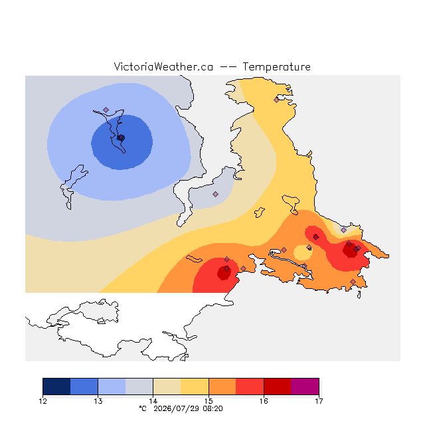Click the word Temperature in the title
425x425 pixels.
(x=276, y=67)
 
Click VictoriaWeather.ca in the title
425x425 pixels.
(x=163, y=67)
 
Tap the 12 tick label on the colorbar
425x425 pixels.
(x=42, y=401)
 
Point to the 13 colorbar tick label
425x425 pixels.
(x=98, y=401)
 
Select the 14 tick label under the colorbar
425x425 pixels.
(x=153, y=401)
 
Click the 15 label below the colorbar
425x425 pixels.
(x=209, y=401)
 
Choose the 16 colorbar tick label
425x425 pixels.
(x=264, y=401)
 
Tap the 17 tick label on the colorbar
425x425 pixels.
(x=319, y=401)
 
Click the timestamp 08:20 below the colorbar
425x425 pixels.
(x=212, y=409)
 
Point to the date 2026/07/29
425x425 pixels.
(x=177, y=409)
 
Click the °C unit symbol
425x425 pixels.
(x=143, y=409)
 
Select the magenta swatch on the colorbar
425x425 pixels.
(x=305, y=386)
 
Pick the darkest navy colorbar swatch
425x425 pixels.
(x=56, y=386)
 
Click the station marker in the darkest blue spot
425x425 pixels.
(x=121, y=137)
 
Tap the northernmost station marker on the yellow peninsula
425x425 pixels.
(x=276, y=100)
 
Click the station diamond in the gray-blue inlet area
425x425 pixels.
(x=215, y=194)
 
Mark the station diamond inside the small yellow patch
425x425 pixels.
(x=309, y=247)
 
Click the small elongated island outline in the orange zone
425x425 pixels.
(x=194, y=259)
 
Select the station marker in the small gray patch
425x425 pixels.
(x=344, y=230)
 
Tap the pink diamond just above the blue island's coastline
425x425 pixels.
(x=106, y=110)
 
